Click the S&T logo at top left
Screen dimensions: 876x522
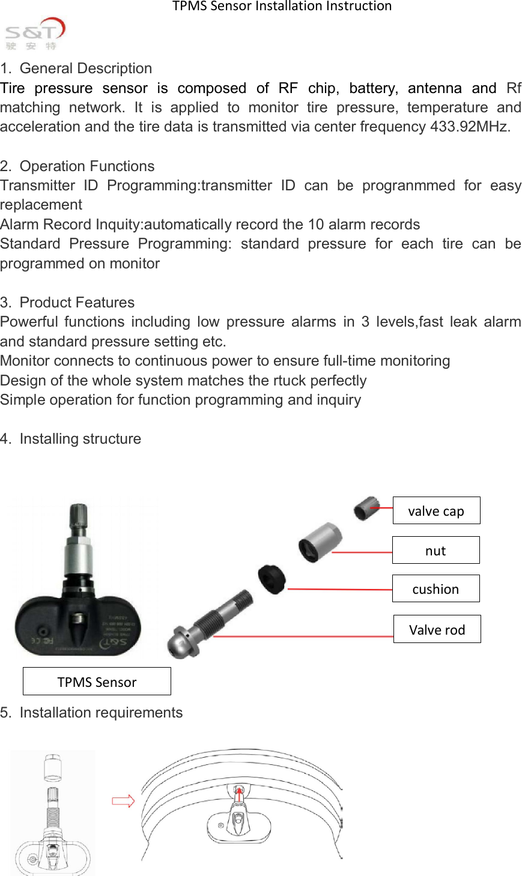[x=34, y=34]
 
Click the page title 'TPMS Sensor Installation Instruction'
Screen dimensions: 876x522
[x=282, y=7]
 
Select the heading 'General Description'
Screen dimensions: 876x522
[x=85, y=68]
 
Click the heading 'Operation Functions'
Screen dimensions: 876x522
[x=86, y=166]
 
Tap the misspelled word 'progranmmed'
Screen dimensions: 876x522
[x=408, y=186]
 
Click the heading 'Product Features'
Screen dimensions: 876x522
[x=77, y=303]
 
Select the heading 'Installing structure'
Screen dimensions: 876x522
[x=80, y=439]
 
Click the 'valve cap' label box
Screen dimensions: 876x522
[x=436, y=511]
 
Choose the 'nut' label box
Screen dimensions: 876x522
[x=436, y=551]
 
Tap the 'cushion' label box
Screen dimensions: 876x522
[x=436, y=589]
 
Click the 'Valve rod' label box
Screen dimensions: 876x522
[x=437, y=629]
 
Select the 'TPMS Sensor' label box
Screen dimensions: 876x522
[x=97, y=681]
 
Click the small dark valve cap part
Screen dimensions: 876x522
[x=365, y=509]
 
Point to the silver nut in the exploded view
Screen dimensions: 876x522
[x=320, y=542]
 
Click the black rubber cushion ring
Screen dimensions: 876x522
[x=272, y=578]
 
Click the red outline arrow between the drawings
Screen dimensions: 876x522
[x=123, y=800]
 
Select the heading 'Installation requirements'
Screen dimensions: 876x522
[x=101, y=713]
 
